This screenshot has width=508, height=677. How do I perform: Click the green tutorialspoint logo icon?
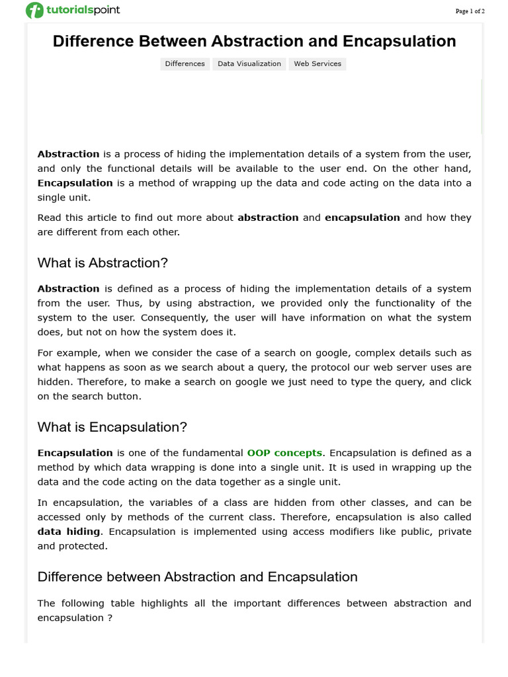[x=34, y=11]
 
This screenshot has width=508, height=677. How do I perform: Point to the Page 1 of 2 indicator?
[x=470, y=11]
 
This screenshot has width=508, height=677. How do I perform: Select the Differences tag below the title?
[x=185, y=64]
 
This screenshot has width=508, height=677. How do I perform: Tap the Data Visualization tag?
[x=249, y=64]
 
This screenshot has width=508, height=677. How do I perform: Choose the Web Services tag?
[x=317, y=64]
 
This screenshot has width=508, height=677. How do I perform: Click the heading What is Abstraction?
[x=103, y=263]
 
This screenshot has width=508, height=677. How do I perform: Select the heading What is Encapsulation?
[x=112, y=428]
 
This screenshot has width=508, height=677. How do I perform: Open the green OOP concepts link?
[x=284, y=453]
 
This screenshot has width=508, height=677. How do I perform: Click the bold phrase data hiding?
[x=69, y=532]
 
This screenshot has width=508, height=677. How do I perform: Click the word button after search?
[x=123, y=397]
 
